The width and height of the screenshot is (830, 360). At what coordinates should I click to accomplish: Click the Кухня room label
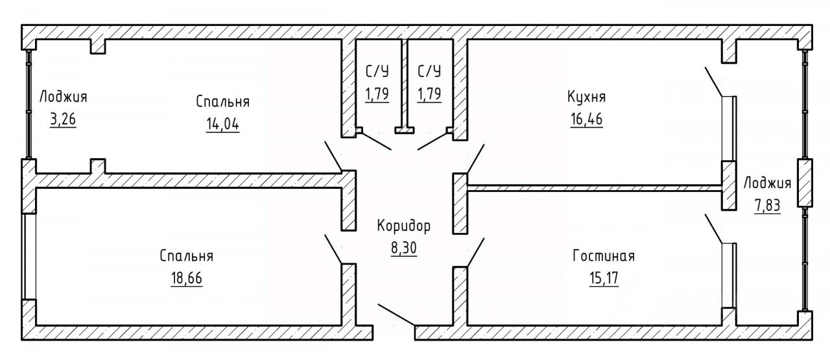tap(586, 97)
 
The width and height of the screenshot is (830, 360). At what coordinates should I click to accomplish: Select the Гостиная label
tap(604, 256)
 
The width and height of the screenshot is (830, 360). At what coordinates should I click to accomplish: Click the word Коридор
tap(403, 226)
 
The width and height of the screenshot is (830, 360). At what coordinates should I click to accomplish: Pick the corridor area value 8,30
tap(403, 249)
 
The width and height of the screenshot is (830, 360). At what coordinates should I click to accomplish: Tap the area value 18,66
tap(186, 280)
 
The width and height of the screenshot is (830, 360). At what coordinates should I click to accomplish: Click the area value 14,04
tap(222, 125)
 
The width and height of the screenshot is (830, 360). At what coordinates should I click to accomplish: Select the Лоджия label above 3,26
tap(63, 97)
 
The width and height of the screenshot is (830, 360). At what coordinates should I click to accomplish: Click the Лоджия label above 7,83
tap(768, 182)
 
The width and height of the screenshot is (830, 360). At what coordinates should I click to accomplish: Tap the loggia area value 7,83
tap(768, 206)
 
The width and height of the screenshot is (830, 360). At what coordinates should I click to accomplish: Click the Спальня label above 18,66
tap(186, 256)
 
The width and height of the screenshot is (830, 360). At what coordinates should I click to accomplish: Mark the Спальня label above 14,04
tap(222, 102)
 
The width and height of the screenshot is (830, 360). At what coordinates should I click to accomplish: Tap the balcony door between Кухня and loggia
tap(729, 128)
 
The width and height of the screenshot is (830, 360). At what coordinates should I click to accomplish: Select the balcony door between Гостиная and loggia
tap(729, 275)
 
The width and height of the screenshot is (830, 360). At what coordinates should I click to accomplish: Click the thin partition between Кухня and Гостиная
tap(593, 188)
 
